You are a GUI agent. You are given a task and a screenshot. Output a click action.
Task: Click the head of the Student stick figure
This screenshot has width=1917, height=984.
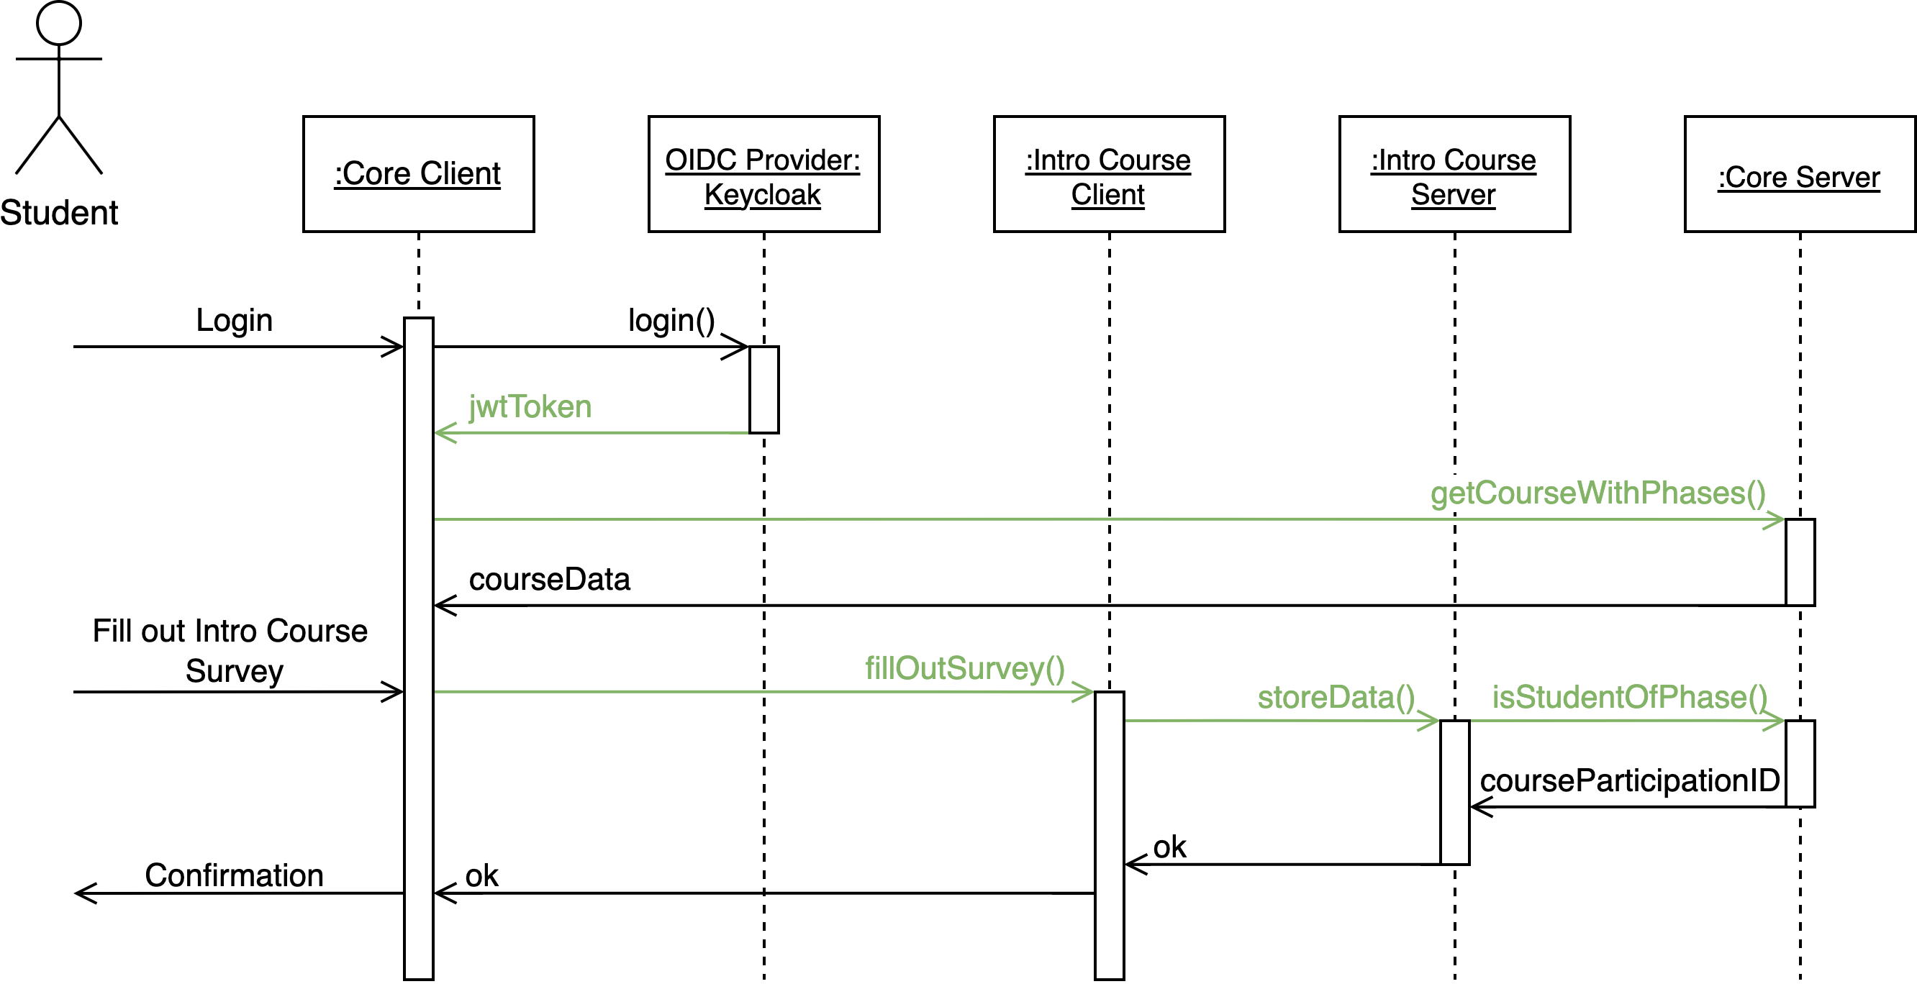point(59,22)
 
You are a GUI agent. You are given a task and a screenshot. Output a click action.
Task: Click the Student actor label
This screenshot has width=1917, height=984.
point(59,213)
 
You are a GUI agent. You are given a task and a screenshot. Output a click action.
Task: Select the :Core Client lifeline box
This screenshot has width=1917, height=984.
point(418,174)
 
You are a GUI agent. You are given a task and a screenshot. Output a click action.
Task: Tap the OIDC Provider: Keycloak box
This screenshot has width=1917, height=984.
point(763,174)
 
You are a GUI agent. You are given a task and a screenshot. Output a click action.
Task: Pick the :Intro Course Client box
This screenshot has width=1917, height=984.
point(1109,174)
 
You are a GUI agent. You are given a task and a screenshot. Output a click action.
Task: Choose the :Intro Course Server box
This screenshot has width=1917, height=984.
point(1454,174)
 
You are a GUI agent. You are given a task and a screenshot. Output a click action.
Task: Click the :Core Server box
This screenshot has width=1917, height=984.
point(1799,174)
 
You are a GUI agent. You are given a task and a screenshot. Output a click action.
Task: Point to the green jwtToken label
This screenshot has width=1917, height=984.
point(530,408)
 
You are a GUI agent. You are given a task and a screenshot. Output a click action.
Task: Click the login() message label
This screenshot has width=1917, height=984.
point(671,321)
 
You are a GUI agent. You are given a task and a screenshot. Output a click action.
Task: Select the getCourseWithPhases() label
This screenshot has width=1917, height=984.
point(1597,493)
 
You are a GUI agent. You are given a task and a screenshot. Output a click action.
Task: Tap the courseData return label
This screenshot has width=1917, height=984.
point(549,579)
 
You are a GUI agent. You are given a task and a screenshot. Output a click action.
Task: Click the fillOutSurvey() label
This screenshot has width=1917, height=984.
point(964,668)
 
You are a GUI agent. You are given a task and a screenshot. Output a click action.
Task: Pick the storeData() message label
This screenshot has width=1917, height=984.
point(1336,697)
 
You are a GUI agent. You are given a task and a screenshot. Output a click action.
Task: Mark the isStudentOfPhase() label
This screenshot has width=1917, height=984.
point(1629,697)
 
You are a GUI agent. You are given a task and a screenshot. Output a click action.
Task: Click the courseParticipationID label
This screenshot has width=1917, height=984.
point(1629,781)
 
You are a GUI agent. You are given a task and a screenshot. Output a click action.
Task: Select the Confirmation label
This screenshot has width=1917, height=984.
point(234,875)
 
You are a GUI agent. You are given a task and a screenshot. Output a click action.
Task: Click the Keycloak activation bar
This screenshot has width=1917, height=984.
point(763,390)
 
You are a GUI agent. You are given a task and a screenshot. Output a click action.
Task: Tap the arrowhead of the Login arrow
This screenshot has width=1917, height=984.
point(394,347)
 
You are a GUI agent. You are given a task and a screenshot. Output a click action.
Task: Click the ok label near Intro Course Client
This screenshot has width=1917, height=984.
point(1169,847)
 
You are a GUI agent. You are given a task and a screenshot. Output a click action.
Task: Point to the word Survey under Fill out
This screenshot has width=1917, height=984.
point(234,671)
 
